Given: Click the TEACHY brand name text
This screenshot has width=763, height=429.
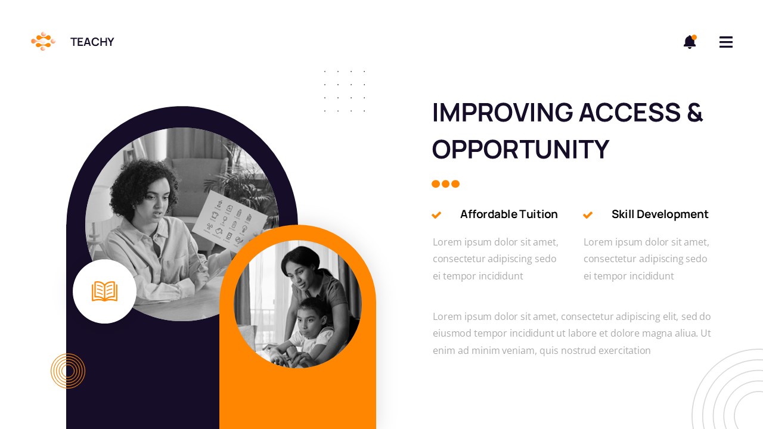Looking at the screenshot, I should click(92, 42).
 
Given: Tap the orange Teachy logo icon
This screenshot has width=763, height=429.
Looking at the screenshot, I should click(43, 41).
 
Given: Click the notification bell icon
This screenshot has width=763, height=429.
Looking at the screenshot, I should click(690, 42).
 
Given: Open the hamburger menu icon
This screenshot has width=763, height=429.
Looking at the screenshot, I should click(725, 42).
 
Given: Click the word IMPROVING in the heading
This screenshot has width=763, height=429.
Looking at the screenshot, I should click(503, 113).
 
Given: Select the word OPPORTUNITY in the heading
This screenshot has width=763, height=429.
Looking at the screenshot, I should click(520, 150).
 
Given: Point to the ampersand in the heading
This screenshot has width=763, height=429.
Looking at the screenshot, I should click(694, 113).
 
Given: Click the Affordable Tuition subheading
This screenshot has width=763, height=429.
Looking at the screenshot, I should click(508, 214).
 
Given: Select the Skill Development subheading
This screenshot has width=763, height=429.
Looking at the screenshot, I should click(660, 214).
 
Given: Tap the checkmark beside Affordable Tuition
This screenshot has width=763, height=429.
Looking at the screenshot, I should click(436, 215).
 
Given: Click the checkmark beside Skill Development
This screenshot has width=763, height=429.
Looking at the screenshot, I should click(588, 215).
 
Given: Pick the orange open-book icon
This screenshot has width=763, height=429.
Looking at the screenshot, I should click(104, 291).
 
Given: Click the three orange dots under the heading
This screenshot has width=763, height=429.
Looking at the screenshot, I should click(445, 184).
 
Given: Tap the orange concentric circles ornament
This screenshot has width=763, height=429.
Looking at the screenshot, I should click(68, 371).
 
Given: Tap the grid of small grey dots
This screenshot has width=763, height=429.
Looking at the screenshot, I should click(345, 91).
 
